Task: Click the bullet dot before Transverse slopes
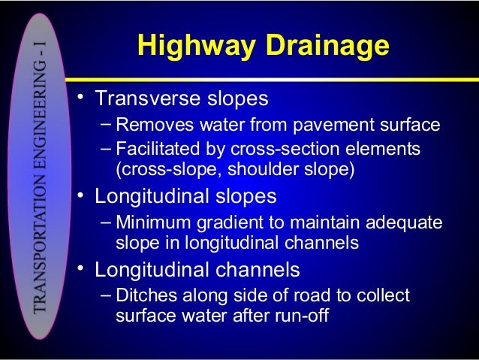[80, 99]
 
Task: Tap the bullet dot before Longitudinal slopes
[80, 197]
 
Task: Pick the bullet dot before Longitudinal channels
[80, 270]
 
